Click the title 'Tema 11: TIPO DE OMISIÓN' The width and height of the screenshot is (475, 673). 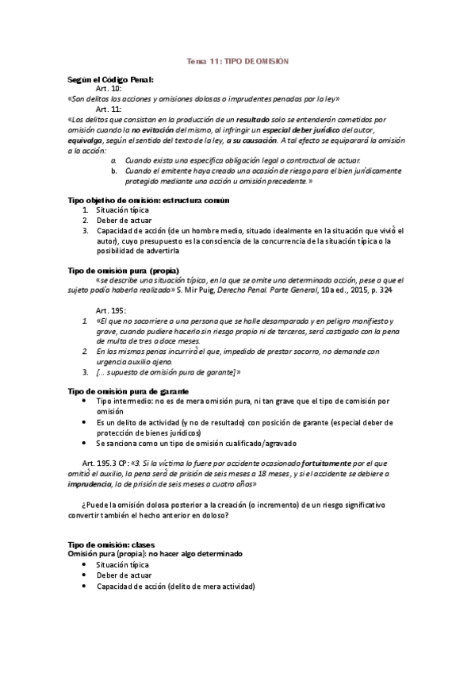(x=237, y=60)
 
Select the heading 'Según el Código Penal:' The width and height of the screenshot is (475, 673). (x=111, y=80)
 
